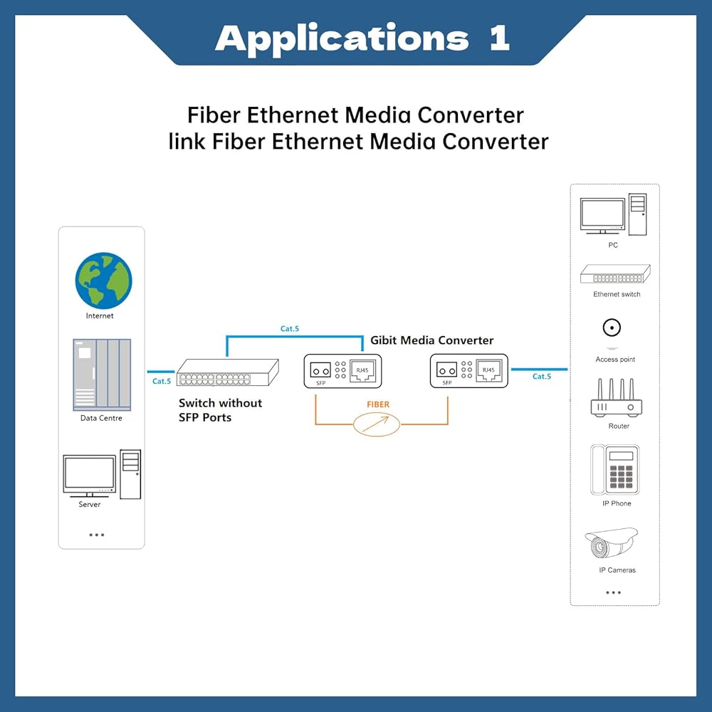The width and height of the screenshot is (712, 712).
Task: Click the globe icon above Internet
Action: click(x=104, y=281)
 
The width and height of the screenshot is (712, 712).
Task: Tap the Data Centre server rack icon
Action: click(x=102, y=375)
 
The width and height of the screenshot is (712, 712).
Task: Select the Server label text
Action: click(x=90, y=504)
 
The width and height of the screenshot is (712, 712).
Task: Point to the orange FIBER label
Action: click(x=378, y=404)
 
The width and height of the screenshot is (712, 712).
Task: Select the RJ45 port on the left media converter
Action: click(x=360, y=370)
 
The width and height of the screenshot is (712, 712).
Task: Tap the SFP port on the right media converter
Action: click(x=447, y=370)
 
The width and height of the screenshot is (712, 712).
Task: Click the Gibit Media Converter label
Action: click(x=431, y=340)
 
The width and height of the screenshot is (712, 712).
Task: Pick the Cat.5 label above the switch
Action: click(x=290, y=329)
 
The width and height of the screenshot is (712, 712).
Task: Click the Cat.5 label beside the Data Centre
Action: click(x=162, y=381)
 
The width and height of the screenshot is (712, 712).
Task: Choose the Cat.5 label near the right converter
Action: click(x=542, y=376)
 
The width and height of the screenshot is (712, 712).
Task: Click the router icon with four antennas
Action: click(x=616, y=399)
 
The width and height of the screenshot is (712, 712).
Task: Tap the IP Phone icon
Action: click(x=614, y=470)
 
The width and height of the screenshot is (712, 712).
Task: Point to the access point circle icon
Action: click(x=610, y=328)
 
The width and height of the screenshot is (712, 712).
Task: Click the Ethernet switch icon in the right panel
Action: click(x=614, y=276)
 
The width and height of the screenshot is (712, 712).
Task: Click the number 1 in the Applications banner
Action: click(x=499, y=38)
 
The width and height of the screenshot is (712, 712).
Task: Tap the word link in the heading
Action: click(x=187, y=141)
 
